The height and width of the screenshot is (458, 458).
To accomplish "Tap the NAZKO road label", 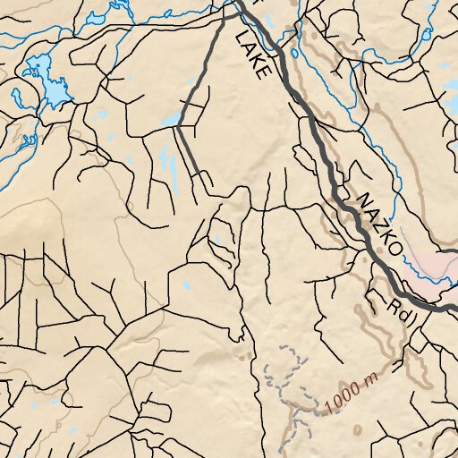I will (376, 220).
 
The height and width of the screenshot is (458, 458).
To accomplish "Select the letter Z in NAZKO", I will (377, 220).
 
